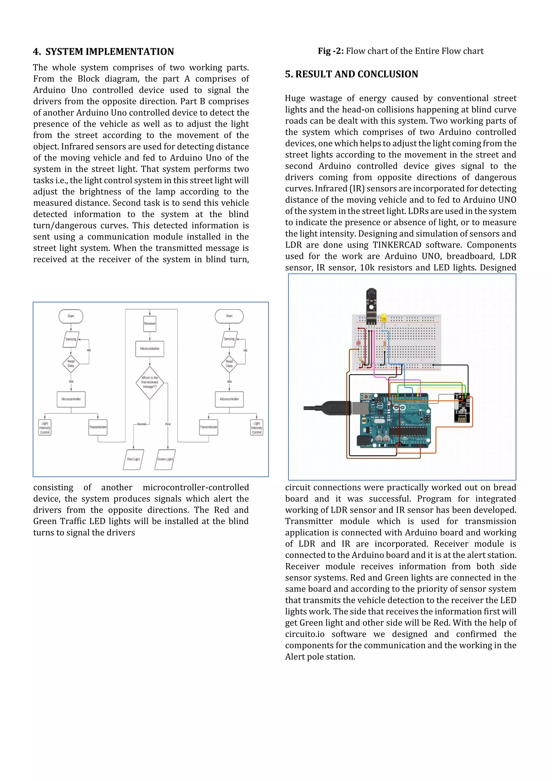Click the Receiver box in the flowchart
[150, 324]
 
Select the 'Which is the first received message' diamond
[150, 382]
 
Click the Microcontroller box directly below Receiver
[150, 349]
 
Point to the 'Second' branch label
[142, 424]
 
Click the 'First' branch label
[168, 424]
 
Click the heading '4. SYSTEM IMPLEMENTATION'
[103, 52]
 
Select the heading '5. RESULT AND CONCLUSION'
[351, 74]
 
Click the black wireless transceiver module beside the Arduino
[462, 408]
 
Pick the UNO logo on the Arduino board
[413, 408]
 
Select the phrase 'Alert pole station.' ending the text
[320, 656]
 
